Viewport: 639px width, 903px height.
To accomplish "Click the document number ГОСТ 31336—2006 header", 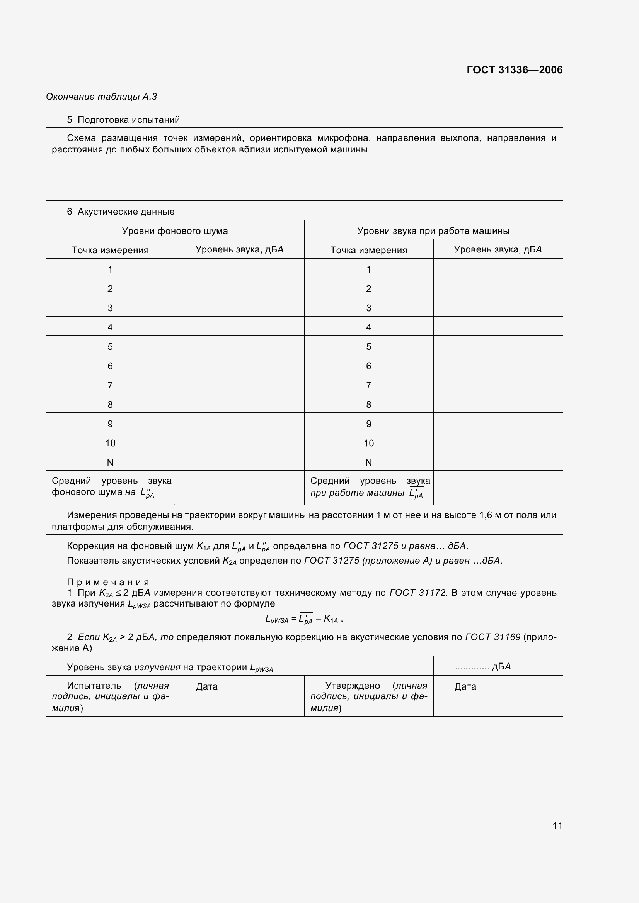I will (514, 70).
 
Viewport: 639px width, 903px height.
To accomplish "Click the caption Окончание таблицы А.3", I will (102, 97).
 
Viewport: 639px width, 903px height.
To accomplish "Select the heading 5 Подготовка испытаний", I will (123, 120).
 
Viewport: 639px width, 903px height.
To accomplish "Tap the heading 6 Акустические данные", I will (121, 212).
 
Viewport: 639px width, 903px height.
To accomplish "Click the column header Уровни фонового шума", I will (175, 231).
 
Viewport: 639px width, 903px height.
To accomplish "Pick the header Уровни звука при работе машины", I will (433, 231).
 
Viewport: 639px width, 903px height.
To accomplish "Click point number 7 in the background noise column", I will (110, 385).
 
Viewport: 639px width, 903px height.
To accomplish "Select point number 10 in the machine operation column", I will (368, 443).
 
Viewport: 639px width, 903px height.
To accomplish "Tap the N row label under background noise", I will (110, 462).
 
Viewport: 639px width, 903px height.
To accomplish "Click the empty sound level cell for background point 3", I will (239, 308).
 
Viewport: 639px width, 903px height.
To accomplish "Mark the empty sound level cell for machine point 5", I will (498, 346).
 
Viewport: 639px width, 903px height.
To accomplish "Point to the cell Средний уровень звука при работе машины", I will (369, 487).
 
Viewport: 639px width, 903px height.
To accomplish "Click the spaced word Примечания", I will (108, 582).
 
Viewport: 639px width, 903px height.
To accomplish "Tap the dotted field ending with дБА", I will (482, 666).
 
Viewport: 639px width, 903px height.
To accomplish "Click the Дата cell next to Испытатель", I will (207, 687).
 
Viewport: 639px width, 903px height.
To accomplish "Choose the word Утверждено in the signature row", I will (353, 686).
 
